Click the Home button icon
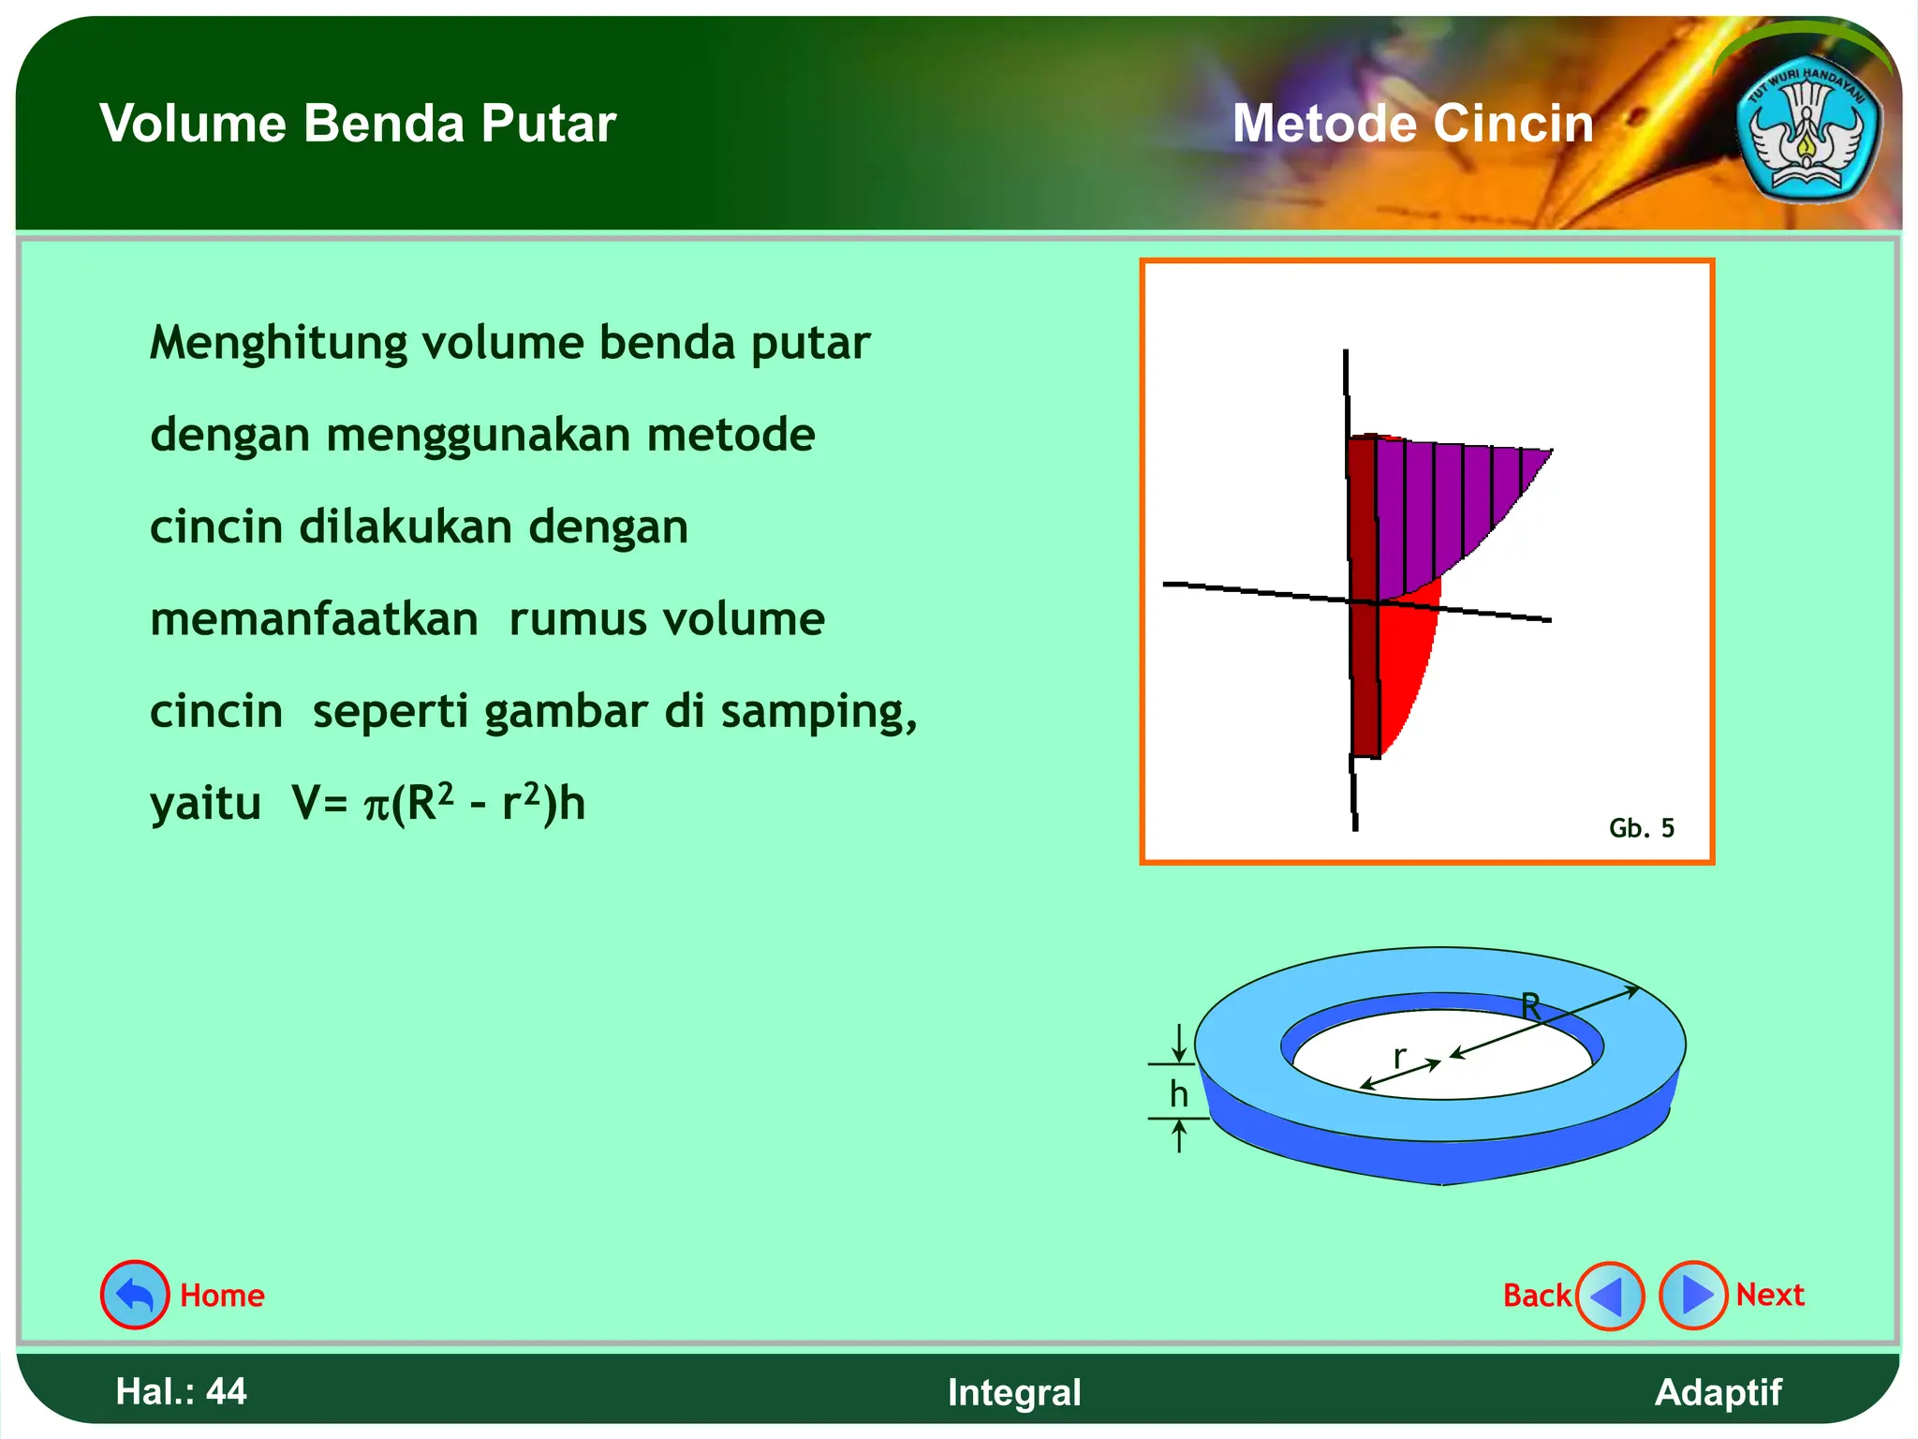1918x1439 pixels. [135, 1295]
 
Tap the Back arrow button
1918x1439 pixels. [1610, 1296]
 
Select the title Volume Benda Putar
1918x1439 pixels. [358, 124]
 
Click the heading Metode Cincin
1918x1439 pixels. [1412, 124]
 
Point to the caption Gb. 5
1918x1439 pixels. [1641, 828]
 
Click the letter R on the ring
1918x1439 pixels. [1530, 1006]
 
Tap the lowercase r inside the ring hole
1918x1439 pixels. [1399, 1057]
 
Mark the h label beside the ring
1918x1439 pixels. [1178, 1093]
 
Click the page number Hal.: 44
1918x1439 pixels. [181, 1391]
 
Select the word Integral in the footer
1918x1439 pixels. [1014, 1392]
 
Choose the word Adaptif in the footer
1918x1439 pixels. [1718, 1392]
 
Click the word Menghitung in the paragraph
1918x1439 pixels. [278, 343]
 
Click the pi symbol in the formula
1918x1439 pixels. [376, 806]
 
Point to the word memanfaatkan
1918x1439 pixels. [314, 619]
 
